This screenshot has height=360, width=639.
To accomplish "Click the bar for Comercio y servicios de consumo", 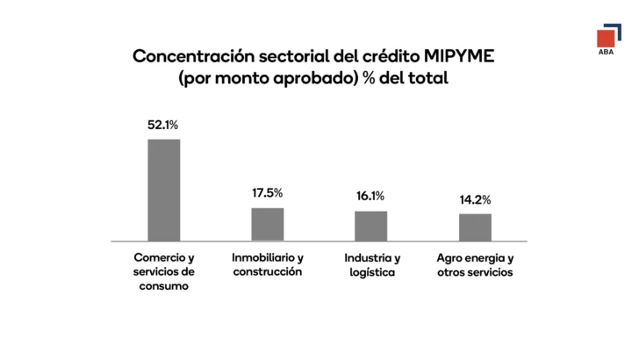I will [163, 190].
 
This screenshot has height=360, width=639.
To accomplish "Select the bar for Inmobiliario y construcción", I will [268, 224].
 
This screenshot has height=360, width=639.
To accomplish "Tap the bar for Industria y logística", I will [370, 226].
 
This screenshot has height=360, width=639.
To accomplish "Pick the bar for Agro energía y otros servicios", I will [475, 227].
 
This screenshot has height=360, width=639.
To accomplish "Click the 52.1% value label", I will [163, 126].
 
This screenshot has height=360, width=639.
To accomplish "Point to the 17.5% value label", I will [268, 193].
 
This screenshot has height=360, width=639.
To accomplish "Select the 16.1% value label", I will [370, 197].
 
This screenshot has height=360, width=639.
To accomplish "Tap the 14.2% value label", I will [475, 199].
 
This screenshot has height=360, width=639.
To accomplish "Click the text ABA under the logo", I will [606, 54].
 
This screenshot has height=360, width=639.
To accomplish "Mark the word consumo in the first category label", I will [163, 286].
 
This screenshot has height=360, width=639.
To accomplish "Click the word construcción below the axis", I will [268, 272].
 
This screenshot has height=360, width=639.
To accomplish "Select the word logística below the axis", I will [370, 272].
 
